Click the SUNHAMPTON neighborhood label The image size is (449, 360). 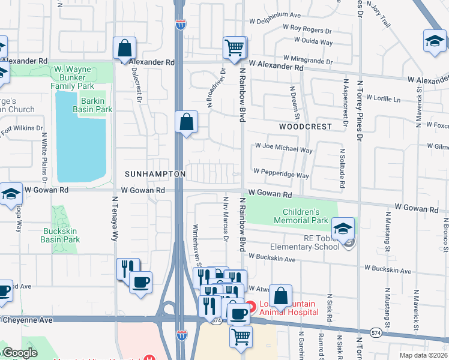pyautogui.click(x=155, y=173)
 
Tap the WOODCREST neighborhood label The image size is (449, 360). pyautogui.click(x=305, y=127)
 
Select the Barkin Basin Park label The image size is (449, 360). pyautogui.click(x=92, y=105)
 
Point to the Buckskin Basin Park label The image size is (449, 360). pyautogui.click(x=60, y=235)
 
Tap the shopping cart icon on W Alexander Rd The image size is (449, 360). pyautogui.click(x=234, y=47)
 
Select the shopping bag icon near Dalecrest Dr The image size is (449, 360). pyautogui.click(x=124, y=49)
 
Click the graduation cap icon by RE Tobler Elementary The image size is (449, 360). pyautogui.click(x=343, y=229)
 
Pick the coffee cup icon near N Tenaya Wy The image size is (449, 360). pyautogui.click(x=140, y=283)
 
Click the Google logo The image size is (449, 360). pyautogui.click(x=20, y=353)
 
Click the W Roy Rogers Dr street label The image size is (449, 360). pyautogui.click(x=307, y=29)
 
